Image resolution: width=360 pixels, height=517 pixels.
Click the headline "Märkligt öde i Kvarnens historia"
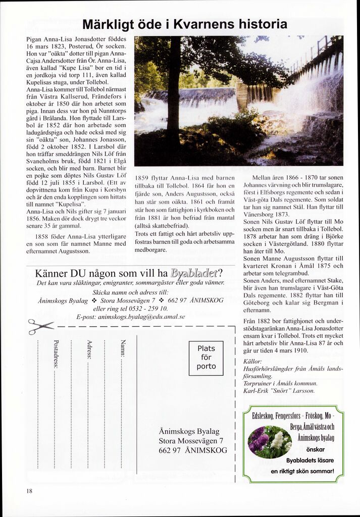184,24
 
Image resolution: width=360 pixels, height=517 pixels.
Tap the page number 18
30,490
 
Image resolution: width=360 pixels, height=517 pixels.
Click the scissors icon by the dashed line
40,326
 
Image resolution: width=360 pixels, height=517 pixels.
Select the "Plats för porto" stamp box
206,357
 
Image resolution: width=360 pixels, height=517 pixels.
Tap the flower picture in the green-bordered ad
270,442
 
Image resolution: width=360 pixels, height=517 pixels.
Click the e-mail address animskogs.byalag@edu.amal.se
131,317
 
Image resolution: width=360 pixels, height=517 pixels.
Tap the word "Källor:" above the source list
252,361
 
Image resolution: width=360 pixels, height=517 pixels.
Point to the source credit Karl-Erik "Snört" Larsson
279,390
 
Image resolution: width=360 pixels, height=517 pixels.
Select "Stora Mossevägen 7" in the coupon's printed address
191,440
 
